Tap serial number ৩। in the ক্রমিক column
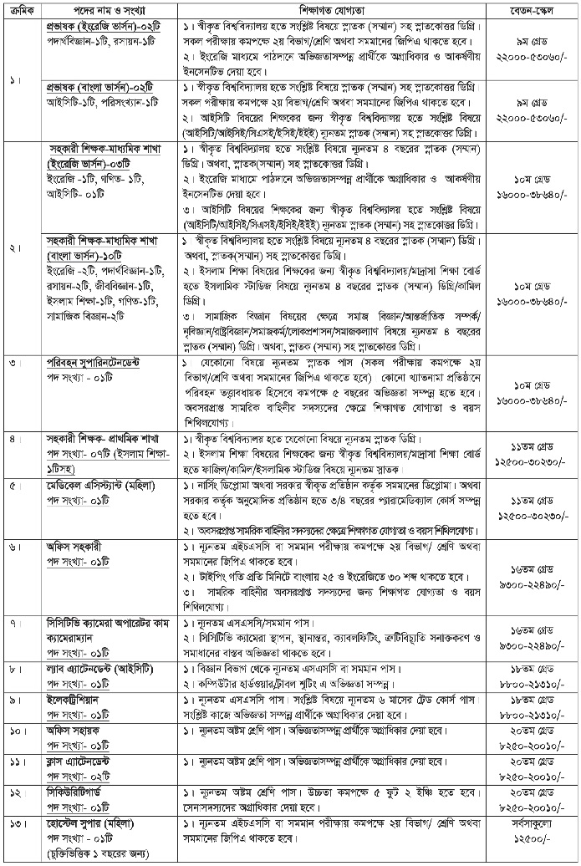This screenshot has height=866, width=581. click(16, 364)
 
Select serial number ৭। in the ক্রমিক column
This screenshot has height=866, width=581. click(16, 624)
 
